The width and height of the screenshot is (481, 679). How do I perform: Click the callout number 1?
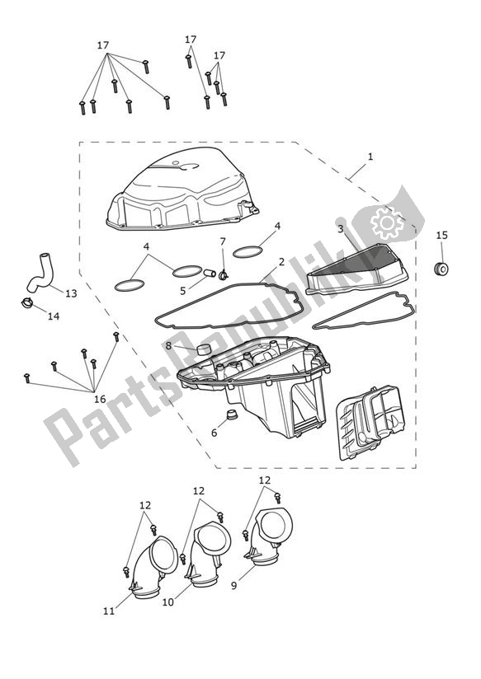tap(370, 157)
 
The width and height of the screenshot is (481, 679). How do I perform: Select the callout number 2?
tap(281, 261)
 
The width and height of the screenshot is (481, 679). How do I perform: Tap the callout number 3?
tap(340, 228)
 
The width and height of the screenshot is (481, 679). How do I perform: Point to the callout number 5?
tap(183, 290)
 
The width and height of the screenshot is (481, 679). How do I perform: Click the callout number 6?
tap(214, 432)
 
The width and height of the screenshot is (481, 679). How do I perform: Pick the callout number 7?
tap(223, 241)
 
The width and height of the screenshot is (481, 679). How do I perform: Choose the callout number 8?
tap(168, 347)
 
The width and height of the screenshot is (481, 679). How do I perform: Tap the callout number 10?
tap(167, 602)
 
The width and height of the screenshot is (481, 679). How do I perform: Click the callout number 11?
tap(108, 611)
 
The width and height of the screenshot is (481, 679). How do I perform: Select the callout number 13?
tap(70, 293)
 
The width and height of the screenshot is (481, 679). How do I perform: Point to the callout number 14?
tap(54, 316)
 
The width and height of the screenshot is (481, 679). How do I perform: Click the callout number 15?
tap(441, 236)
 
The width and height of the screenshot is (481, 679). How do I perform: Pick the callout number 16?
tap(100, 399)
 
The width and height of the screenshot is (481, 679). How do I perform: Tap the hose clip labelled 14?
tap(26, 305)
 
